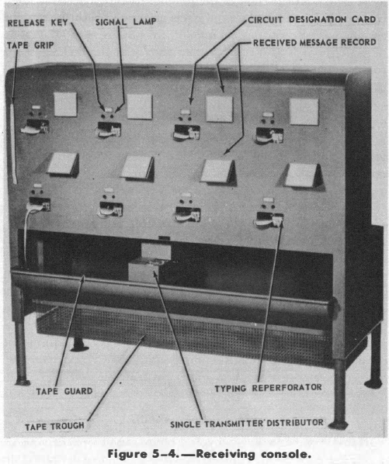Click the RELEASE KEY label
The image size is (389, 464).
point(37,23)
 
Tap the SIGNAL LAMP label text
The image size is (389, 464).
point(126,22)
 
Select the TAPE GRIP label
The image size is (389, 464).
point(30,45)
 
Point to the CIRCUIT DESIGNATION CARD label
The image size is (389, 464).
point(311,19)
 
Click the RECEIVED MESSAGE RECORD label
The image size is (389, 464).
point(314,43)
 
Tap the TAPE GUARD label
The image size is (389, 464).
point(64,391)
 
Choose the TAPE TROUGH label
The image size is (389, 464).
point(55,427)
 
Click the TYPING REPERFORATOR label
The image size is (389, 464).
point(268,388)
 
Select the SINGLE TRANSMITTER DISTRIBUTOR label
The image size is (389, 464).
point(247,424)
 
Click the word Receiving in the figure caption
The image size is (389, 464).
point(225,454)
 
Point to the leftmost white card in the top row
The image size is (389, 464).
point(65,104)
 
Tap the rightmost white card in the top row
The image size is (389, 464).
point(304,112)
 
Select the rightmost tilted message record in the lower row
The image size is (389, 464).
point(303,175)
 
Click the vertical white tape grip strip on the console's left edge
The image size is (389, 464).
point(13,142)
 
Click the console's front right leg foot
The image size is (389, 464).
point(339,425)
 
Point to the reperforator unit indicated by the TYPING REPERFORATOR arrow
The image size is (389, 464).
point(269,218)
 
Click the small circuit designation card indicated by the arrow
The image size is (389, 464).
point(186,112)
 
